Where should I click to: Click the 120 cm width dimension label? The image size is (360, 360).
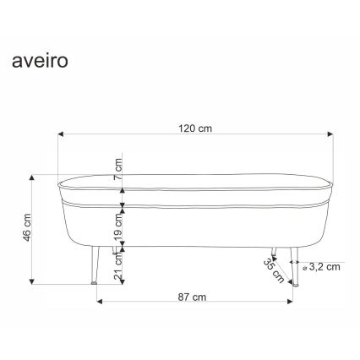194,129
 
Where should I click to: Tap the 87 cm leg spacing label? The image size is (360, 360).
194,297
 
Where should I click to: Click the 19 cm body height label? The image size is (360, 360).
119,225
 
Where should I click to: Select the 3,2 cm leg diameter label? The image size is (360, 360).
324,267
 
